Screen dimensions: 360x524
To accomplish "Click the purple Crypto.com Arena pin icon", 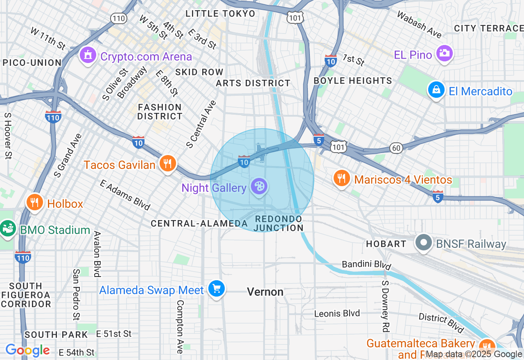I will pyautogui.click(x=87, y=56).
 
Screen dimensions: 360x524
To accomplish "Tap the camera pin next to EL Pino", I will pyautogui.click(x=444, y=53).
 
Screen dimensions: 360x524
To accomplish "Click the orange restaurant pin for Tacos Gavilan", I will pyautogui.click(x=167, y=164).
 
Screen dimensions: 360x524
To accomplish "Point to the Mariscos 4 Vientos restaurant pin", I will pyautogui.click(x=341, y=178).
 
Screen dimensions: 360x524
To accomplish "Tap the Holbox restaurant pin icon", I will pyautogui.click(x=35, y=202).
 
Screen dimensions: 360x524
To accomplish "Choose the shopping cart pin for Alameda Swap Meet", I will pyautogui.click(x=216, y=289).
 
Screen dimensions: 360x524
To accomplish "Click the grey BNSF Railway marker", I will pyautogui.click(x=424, y=243).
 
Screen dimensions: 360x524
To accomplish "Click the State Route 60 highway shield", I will pyautogui.click(x=396, y=148).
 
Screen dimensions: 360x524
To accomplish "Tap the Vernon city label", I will pyautogui.click(x=265, y=292).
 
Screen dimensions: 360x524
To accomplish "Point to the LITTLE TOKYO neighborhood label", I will pyautogui.click(x=220, y=13).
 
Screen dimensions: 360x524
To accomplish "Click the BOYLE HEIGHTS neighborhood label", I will pyautogui.click(x=353, y=81).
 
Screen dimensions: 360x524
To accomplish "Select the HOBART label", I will pyautogui.click(x=386, y=244).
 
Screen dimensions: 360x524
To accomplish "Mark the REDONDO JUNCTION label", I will pyautogui.click(x=279, y=224).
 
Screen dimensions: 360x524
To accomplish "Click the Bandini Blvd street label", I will pyautogui.click(x=364, y=264).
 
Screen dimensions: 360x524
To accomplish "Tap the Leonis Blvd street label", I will pyautogui.click(x=337, y=314).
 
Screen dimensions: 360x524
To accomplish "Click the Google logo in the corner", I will pyautogui.click(x=28, y=351).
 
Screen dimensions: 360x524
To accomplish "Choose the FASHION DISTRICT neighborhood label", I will pyautogui.click(x=160, y=112).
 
